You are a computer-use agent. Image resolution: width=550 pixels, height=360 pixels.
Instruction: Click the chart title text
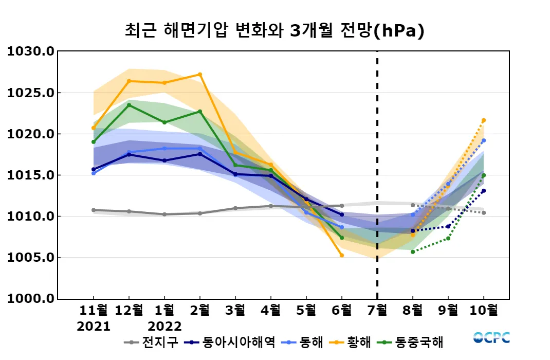(274, 30)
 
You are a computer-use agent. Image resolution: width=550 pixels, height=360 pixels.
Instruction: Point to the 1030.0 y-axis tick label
(30, 51)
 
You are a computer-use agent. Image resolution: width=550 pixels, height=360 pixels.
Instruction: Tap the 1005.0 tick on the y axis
(30, 258)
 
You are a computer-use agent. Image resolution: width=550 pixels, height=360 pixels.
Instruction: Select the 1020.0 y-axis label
(30, 134)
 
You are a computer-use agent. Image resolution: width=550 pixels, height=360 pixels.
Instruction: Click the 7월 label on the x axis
(377, 310)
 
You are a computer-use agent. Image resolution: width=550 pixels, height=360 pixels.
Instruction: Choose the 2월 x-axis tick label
(200, 310)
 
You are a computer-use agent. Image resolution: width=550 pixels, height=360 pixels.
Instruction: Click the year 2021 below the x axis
(94, 326)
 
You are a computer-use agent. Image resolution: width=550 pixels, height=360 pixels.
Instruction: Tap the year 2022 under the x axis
(164, 326)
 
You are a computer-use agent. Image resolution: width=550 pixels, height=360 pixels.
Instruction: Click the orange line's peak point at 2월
(200, 75)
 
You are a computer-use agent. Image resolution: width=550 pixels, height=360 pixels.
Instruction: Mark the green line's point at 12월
(129, 105)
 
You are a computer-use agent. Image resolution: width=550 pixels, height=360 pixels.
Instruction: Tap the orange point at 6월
(342, 255)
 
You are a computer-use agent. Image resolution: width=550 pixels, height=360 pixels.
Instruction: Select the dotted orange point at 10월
(484, 120)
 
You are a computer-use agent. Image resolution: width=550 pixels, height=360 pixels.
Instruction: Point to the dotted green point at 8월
(413, 251)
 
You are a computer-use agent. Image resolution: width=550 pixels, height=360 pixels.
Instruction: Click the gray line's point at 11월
(94, 210)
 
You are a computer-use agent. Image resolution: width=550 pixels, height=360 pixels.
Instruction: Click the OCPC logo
(492, 337)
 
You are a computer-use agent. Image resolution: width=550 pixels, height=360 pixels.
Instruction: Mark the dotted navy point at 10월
(484, 191)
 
